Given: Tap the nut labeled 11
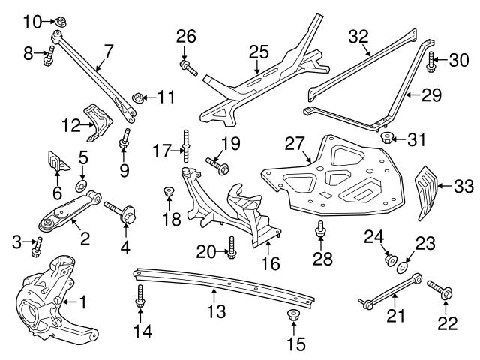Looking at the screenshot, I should (137, 97).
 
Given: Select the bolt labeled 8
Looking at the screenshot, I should (49, 55).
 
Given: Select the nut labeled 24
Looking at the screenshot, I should (390, 260).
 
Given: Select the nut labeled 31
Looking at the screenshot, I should (387, 138).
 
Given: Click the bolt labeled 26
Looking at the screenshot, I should (188, 68).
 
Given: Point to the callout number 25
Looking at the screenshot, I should (258, 52).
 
